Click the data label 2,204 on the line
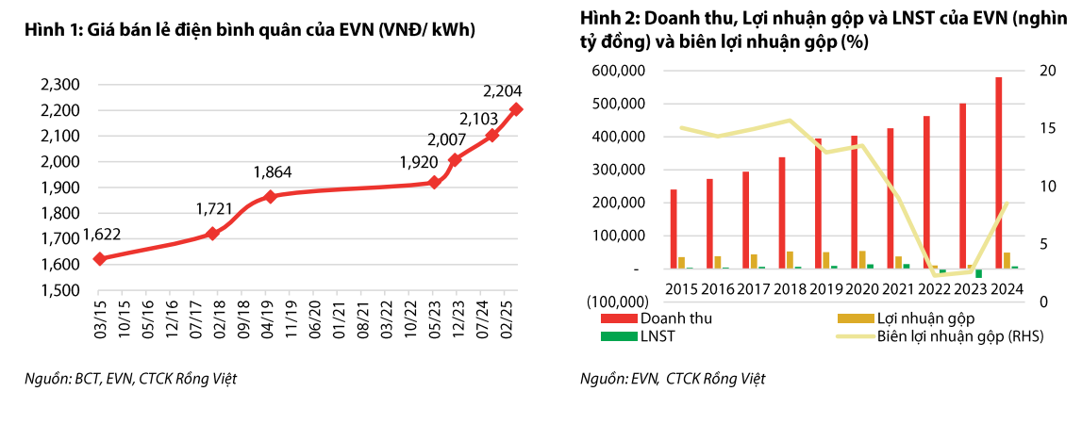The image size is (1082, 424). pyautogui.click(x=502, y=91)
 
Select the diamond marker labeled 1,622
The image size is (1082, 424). pyautogui.click(x=99, y=258)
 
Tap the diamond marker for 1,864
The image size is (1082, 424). pyautogui.click(x=271, y=196)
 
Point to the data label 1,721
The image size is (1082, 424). pyautogui.click(x=214, y=207)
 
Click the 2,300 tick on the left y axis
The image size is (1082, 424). pyautogui.click(x=59, y=85)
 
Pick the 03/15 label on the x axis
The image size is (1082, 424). pyautogui.click(x=98, y=316)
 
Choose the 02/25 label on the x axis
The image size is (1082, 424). pyautogui.click(x=507, y=316)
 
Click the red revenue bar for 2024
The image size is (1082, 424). pyautogui.click(x=998, y=172)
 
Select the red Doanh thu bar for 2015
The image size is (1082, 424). pyautogui.click(x=674, y=229)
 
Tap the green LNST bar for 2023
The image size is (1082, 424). pyautogui.click(x=978, y=273)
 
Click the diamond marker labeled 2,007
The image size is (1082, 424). pyautogui.click(x=456, y=160)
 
